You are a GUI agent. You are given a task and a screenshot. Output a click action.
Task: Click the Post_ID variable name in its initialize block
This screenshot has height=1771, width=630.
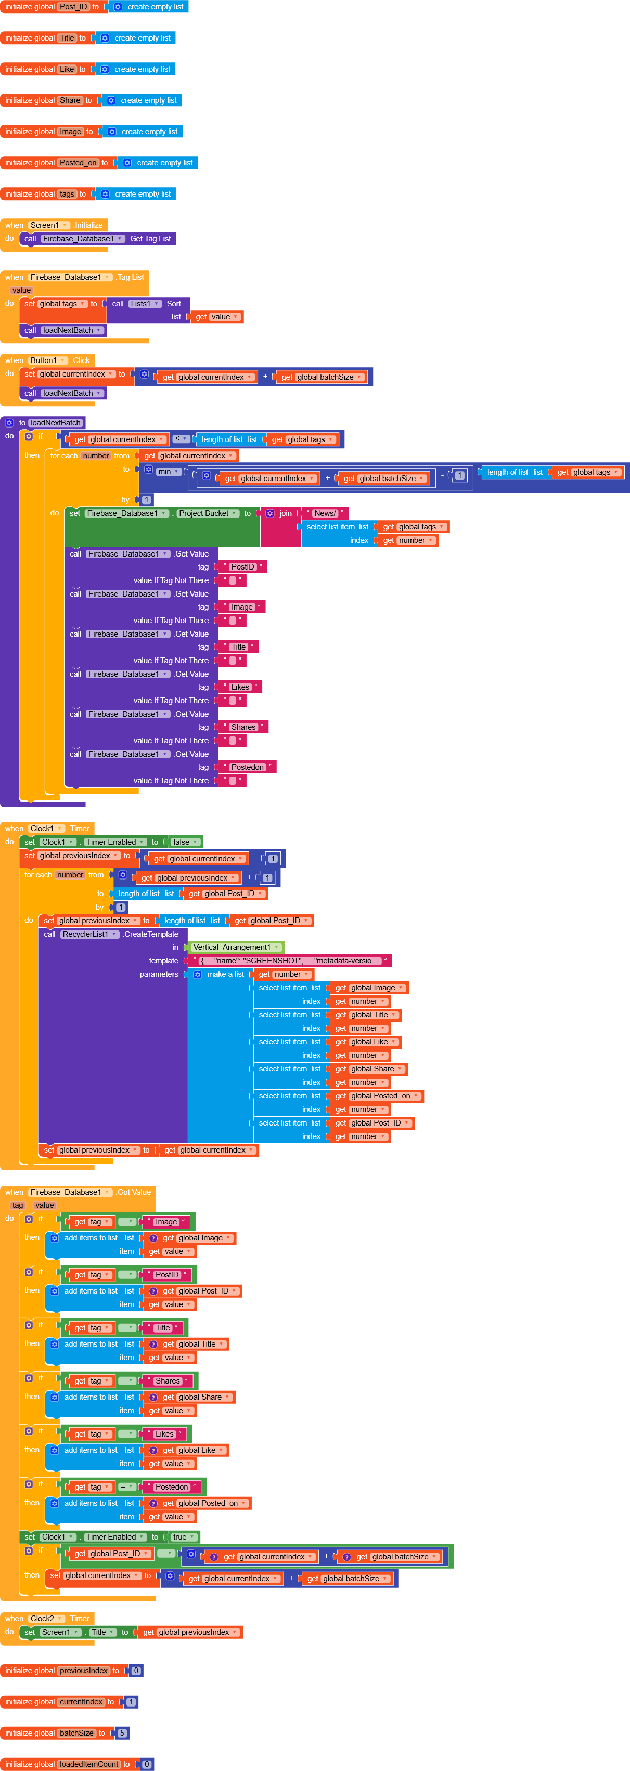click(73, 7)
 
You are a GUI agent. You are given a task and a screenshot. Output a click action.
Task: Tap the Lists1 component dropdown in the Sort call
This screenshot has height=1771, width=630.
click(145, 304)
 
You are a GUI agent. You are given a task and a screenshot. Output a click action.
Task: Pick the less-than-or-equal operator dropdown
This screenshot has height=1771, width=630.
click(181, 439)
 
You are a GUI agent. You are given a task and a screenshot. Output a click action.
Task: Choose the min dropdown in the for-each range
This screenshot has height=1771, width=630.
click(169, 472)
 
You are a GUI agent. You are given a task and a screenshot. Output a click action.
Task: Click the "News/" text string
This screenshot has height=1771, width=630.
click(325, 513)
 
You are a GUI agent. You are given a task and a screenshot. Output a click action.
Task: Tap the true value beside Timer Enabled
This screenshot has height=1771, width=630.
click(183, 1536)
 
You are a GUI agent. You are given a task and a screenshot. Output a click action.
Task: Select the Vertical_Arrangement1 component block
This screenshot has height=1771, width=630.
click(236, 947)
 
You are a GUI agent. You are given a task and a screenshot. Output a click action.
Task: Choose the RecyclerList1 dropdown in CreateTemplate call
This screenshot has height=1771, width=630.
click(89, 934)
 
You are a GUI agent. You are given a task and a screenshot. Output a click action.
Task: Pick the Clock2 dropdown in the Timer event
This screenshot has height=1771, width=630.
click(46, 1619)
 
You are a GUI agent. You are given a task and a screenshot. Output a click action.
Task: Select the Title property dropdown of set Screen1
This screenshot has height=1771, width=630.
click(102, 1632)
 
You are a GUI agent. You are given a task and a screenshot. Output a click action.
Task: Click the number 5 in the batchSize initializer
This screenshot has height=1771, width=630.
click(122, 1733)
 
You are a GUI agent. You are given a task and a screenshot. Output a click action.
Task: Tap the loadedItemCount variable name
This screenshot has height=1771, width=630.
click(89, 1764)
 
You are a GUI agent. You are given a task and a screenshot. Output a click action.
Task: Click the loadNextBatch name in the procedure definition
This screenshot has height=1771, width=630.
click(56, 423)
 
